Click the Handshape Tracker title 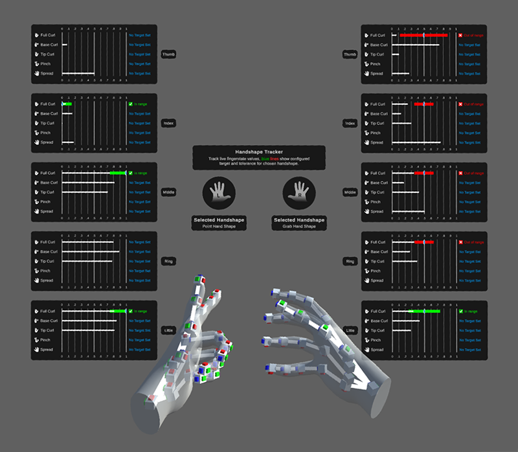(258, 152)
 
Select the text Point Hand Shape (219, 227)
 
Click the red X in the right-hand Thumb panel (460, 36)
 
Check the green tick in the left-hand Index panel (130, 104)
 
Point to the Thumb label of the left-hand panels (168, 54)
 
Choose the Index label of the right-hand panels (350, 123)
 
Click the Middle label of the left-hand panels (168, 192)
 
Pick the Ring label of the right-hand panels (350, 262)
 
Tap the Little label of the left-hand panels (168, 330)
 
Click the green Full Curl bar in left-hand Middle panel (118, 174)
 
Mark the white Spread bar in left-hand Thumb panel (78, 74)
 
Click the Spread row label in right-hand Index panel (377, 142)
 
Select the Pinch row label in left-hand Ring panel (46, 271)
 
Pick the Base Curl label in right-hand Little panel (377, 321)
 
